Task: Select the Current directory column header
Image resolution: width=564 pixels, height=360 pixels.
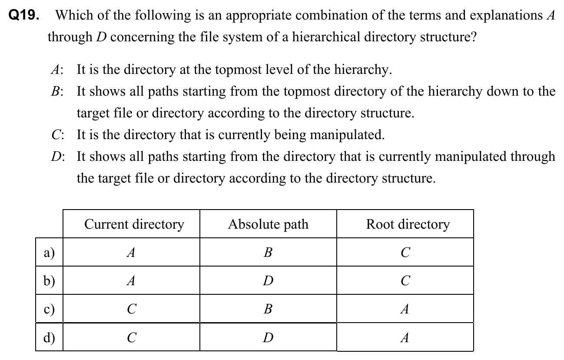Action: [134, 224]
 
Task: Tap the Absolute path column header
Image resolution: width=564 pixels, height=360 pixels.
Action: [268, 224]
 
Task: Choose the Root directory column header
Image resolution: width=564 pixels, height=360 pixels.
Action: [408, 224]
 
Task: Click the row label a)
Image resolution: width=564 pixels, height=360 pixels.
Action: [48, 253]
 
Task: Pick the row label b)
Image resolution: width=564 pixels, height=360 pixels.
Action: [48, 281]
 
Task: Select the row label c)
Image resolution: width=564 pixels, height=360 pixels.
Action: [48, 309]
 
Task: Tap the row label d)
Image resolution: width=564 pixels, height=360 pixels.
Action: [48, 337]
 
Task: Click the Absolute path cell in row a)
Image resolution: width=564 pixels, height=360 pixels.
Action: [268, 253]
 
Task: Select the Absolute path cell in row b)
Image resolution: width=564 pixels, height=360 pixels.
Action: [268, 281]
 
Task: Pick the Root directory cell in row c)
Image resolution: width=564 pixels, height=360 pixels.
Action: [405, 309]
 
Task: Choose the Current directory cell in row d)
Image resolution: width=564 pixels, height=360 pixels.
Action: [131, 337]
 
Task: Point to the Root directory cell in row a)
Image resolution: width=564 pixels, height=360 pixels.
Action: [405, 253]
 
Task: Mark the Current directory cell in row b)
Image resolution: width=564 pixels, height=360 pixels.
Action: [131, 281]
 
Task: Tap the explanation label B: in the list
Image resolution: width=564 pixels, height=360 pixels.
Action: [57, 92]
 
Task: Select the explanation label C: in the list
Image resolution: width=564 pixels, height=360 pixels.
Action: [57, 135]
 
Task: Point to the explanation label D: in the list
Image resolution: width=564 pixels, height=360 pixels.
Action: [57, 157]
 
